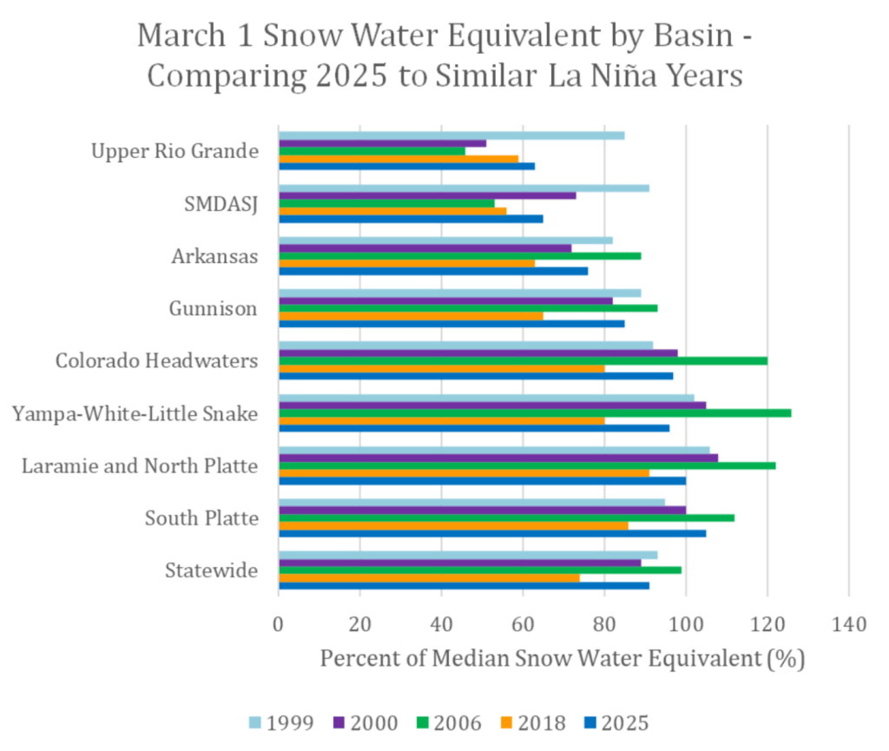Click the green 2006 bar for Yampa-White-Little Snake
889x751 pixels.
pos(534,412)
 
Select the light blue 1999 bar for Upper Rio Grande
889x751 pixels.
pos(451,135)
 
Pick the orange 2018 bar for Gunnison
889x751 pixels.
pos(410,316)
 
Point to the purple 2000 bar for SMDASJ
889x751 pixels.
pos(426,195)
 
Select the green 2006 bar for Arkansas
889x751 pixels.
pos(459,255)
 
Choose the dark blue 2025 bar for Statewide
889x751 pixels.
pos(463,585)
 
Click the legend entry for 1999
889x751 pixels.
pos(278,722)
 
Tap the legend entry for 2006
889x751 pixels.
pos(444,722)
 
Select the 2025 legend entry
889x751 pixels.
pos(614,722)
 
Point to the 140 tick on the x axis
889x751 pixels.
pos(848,623)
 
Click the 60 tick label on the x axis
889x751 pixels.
pos(523,623)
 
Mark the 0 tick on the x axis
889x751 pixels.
pos(278,623)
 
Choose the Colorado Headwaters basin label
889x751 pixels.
pos(156,360)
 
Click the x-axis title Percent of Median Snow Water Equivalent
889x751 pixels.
pos(563,658)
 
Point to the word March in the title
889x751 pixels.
pos(179,36)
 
